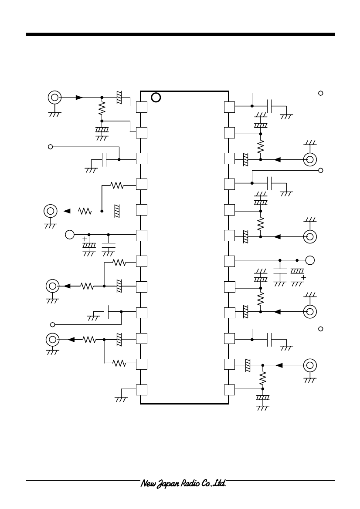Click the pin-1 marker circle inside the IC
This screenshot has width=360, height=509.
[x=156, y=98]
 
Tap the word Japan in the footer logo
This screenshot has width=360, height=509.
[x=168, y=484]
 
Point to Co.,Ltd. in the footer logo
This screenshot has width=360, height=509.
[x=214, y=483]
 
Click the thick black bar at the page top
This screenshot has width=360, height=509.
[x=180, y=34]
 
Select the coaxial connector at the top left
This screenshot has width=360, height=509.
[x=54, y=98]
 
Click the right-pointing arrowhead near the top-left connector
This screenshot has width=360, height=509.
[x=79, y=98]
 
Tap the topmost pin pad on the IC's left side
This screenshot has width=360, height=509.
[x=142, y=107]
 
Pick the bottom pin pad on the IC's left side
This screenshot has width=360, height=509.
[x=142, y=390]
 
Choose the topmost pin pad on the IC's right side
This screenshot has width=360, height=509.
[x=229, y=107]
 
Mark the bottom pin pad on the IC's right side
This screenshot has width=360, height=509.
[x=229, y=390]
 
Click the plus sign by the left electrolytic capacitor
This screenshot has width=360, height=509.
[x=85, y=239]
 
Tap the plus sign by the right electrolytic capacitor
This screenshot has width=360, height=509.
[x=303, y=277]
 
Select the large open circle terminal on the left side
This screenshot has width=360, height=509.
[x=70, y=234]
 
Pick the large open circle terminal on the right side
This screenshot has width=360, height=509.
[x=310, y=260]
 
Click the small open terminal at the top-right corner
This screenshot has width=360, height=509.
[x=321, y=93]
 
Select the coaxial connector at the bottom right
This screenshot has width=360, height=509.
[x=310, y=365]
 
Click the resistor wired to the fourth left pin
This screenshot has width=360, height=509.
[x=117, y=185]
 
